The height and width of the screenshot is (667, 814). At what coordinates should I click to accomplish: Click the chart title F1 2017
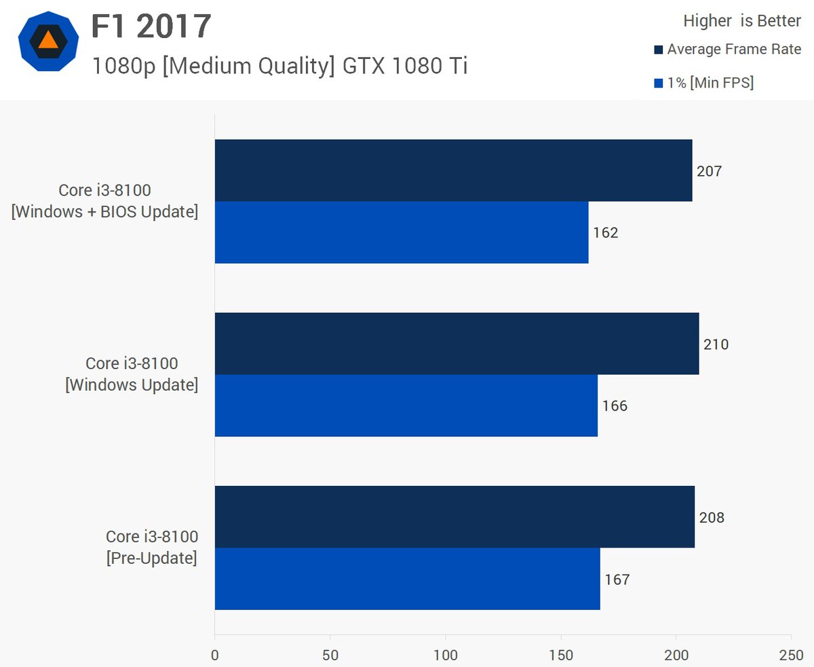click(152, 26)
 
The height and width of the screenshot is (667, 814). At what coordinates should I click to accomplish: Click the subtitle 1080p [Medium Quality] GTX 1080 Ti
click(279, 66)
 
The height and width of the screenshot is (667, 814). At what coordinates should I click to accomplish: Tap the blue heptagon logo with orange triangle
click(47, 41)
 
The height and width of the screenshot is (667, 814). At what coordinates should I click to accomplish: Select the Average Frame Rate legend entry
click(727, 50)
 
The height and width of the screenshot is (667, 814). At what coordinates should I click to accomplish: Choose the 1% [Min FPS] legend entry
click(704, 83)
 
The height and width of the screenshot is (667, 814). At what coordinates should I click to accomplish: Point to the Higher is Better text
click(742, 21)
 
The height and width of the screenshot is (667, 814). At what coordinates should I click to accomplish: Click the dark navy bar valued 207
click(453, 170)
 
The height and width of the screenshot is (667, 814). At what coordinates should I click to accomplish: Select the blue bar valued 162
click(402, 232)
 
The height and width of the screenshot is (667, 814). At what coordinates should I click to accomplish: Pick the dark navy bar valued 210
click(457, 343)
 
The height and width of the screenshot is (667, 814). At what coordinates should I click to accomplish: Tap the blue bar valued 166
click(406, 405)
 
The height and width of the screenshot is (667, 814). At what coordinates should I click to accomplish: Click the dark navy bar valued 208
click(454, 516)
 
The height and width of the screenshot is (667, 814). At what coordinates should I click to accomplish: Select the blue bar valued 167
click(407, 578)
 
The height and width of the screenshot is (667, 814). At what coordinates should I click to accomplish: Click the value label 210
click(716, 345)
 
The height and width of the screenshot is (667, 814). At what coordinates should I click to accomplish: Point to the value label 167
click(617, 579)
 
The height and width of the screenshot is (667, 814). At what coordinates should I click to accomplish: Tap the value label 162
click(606, 233)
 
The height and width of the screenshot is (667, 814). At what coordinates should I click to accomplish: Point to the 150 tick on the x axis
click(561, 655)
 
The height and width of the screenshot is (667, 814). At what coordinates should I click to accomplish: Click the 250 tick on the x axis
click(791, 655)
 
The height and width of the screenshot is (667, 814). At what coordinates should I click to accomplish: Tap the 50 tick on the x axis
click(330, 655)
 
